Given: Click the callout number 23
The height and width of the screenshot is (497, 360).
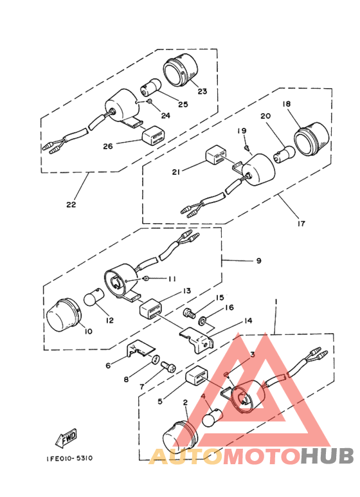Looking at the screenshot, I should click(202, 91).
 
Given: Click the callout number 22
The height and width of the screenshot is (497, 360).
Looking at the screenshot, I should click(71, 204).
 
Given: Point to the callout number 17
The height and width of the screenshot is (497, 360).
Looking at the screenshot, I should click(301, 224).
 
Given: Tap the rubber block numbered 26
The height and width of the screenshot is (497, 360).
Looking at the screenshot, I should click(153, 137).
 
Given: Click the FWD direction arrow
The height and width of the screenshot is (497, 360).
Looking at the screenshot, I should click(66, 439).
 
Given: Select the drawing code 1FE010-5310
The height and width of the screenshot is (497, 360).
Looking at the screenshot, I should click(69, 458).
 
